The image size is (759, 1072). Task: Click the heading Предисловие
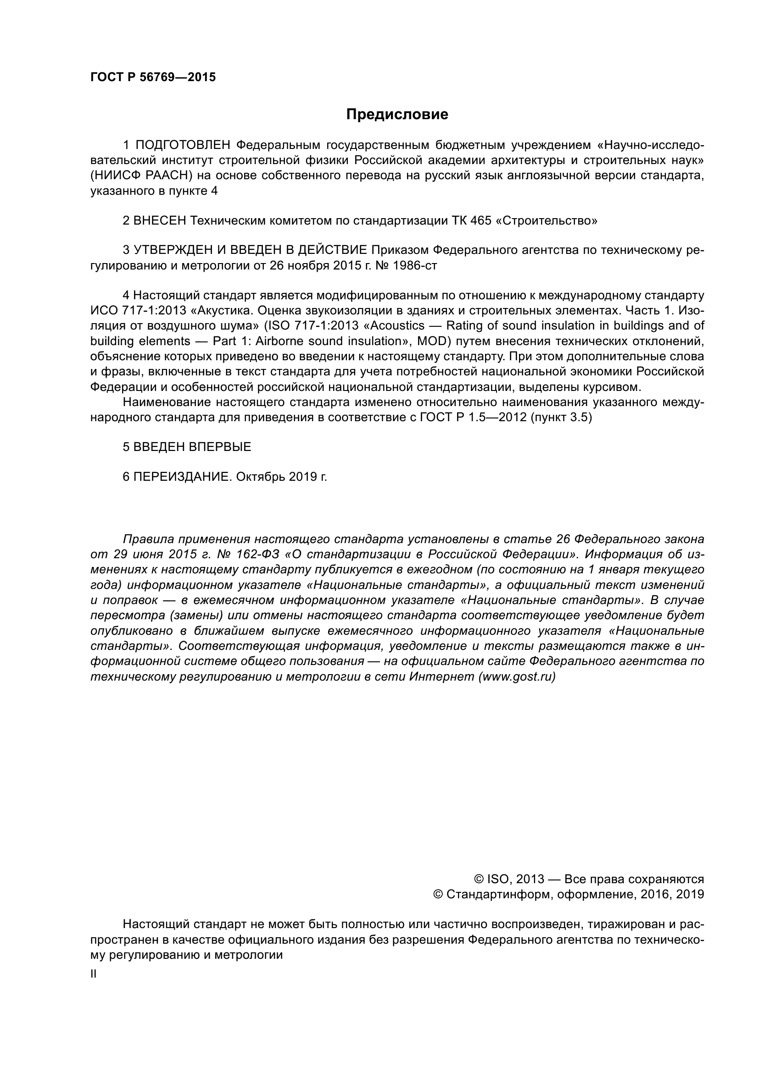coord(397,115)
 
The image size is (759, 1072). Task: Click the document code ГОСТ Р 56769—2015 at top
coord(153,77)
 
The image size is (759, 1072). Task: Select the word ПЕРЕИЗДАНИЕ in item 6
coord(183,477)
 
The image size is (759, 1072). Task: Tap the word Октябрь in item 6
coord(260,477)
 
